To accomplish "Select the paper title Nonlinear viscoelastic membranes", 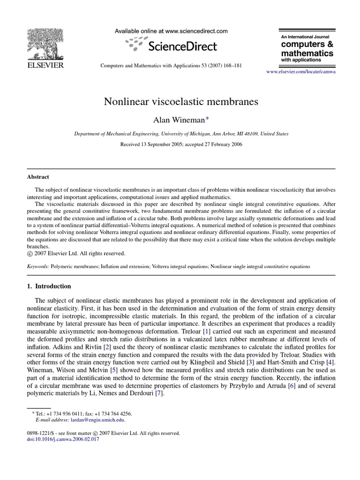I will click(x=181, y=102).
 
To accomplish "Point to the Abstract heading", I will click(x=37, y=177).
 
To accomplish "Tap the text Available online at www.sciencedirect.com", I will click(x=171, y=31).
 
